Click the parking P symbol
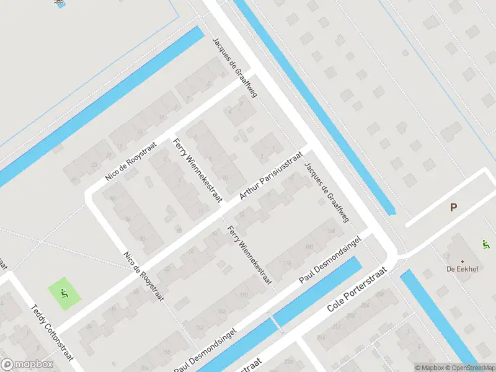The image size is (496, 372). pyautogui.click(x=454, y=208)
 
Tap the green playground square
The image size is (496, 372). pyautogui.click(x=64, y=294)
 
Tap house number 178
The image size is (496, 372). pyautogui.click(x=287, y=263)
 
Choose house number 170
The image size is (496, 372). pyautogui.click(x=242, y=295)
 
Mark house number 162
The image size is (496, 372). pyautogui.click(x=200, y=327)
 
